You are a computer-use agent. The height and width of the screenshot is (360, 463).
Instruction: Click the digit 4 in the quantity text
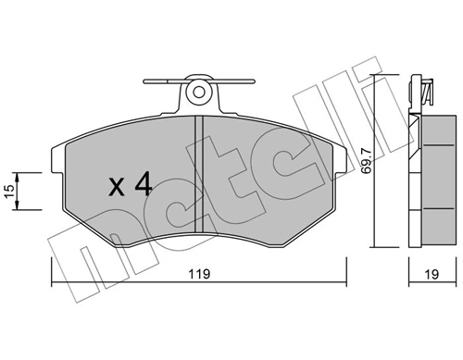pos(142,185)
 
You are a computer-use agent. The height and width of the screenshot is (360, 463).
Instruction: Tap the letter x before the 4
pos(117,188)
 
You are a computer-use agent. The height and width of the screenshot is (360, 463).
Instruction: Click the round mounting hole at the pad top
pos(197,93)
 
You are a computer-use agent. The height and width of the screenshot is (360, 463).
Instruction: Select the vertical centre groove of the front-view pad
pos(198,176)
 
